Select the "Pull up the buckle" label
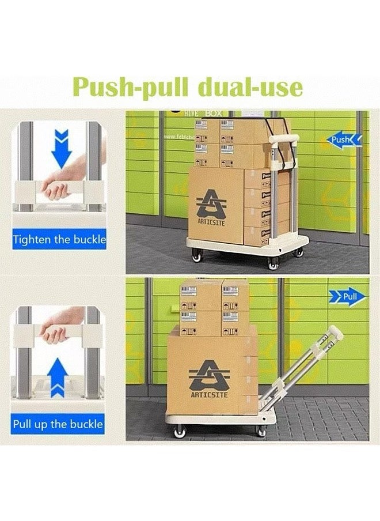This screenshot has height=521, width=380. tap(58, 424)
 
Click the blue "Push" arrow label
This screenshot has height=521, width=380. tap(344, 139)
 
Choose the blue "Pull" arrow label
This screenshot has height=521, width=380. tap(347, 297)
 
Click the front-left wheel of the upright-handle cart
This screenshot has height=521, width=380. tap(197, 256)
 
